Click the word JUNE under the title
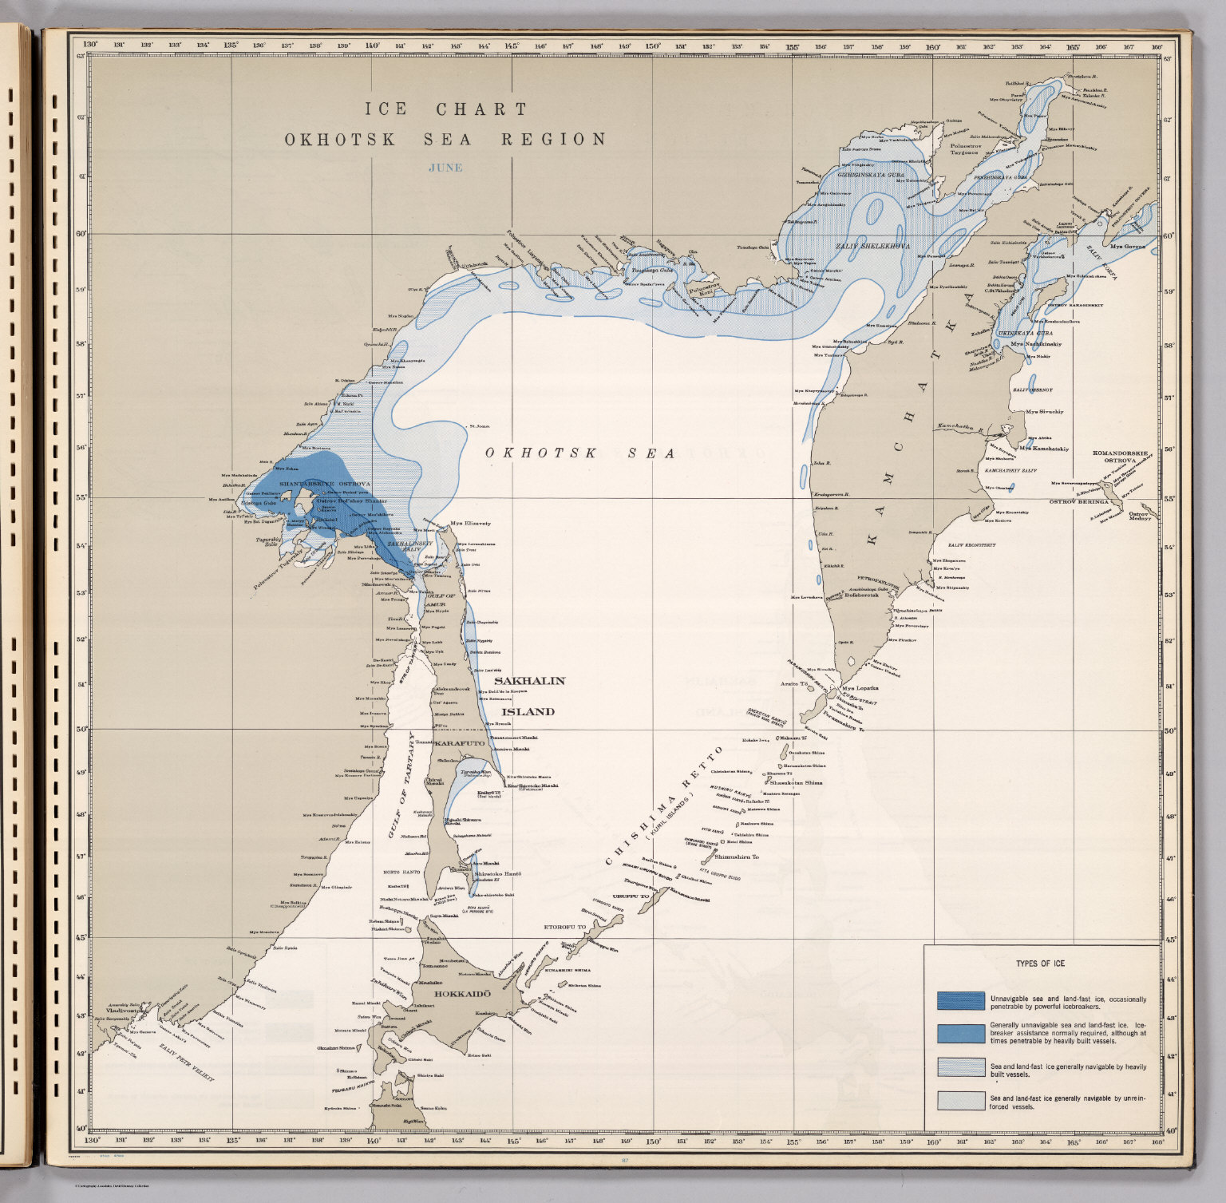coord(445,168)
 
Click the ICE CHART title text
coord(446,109)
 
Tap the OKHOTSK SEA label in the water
coord(581,453)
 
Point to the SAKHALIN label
coord(534,681)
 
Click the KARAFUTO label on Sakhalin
coord(459,742)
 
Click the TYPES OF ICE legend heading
coord(1039,964)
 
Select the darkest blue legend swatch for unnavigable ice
coord(960,1001)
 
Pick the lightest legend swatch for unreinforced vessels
coord(960,1101)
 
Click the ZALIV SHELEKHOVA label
coord(872,247)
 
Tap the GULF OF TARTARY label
coord(402,786)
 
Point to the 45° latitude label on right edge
coord(1170,940)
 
